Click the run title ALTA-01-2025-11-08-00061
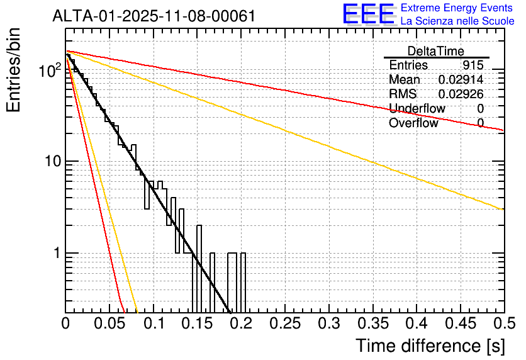(154, 16)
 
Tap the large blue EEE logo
(368, 14)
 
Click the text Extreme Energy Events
(457, 8)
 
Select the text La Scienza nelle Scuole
(457, 21)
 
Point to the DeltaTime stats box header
(436, 51)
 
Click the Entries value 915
(472, 65)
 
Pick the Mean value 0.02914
(461, 80)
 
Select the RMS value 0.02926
(461, 94)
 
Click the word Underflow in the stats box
(417, 109)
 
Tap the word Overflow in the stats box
(413, 123)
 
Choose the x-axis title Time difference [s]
(429, 346)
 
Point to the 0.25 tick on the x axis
(285, 324)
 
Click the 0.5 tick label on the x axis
(504, 324)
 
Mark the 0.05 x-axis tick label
(109, 324)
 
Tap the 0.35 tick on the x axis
(372, 324)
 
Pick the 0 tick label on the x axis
(65, 324)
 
